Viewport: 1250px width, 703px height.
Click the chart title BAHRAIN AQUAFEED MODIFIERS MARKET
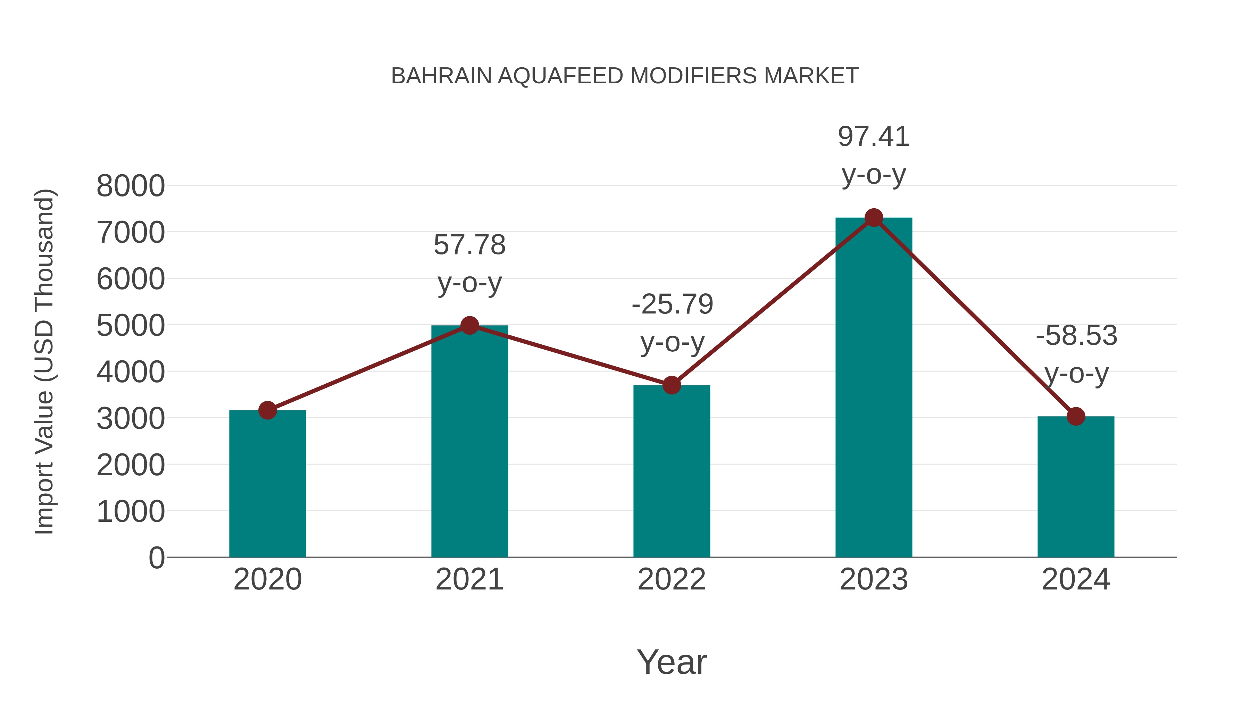[625, 76]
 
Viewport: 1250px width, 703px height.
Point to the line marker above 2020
[267, 410]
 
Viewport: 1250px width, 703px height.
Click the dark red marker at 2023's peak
[874, 218]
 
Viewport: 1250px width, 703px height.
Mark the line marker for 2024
[1076, 416]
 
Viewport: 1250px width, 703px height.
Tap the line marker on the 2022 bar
[672, 385]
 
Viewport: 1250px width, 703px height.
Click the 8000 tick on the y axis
[131, 186]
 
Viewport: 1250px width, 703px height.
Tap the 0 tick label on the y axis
[156, 558]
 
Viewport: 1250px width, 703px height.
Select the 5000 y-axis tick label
[131, 326]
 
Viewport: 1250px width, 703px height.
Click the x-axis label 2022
[672, 580]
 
